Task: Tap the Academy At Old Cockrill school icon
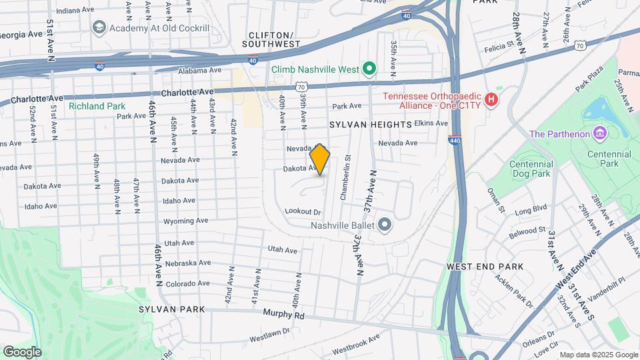(x=99, y=27)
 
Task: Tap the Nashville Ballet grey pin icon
(x=384, y=225)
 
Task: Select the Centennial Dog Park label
(x=531, y=169)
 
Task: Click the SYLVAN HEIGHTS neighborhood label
(x=371, y=125)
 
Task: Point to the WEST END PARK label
(x=485, y=267)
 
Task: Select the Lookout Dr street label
(x=303, y=211)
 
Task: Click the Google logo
(x=22, y=351)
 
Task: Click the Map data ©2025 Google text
(x=597, y=355)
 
